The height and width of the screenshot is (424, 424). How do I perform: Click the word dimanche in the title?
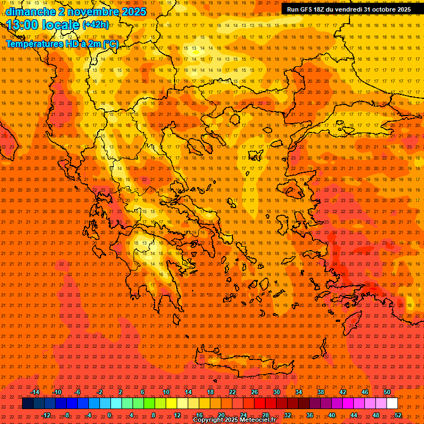(x=31, y=12)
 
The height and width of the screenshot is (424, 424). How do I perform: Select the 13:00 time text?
(x=24, y=25)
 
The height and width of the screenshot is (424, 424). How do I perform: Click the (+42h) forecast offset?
(x=96, y=25)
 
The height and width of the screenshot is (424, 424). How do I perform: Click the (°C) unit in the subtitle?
(x=109, y=44)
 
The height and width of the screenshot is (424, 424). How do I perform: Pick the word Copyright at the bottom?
(x=208, y=420)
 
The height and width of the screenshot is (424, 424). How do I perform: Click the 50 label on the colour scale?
(x=386, y=392)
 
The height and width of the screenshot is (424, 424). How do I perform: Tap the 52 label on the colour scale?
(x=398, y=415)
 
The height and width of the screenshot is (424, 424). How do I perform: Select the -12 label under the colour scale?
(x=46, y=415)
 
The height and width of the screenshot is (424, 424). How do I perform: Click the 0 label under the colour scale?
(x=109, y=415)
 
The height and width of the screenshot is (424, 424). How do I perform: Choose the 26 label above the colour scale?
(x=254, y=392)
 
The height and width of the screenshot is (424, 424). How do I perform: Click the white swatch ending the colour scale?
(x=392, y=404)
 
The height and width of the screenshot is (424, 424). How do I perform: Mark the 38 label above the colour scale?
(x=320, y=392)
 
